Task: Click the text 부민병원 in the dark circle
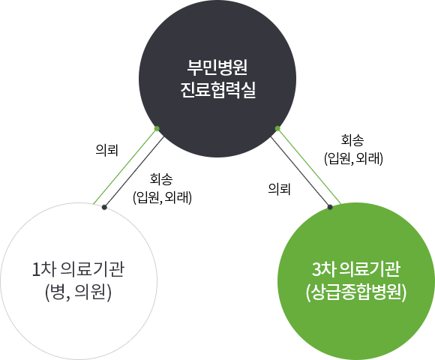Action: coord(217,67)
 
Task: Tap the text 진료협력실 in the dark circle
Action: coord(217,90)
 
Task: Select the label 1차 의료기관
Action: coord(79,269)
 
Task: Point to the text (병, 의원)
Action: coord(78,292)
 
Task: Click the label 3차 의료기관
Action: coord(356,269)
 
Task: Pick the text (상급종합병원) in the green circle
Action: coord(356,292)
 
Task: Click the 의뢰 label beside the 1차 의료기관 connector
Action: coord(106,150)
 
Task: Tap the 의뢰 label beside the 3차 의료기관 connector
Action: coord(279,189)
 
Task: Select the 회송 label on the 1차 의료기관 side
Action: coord(161,179)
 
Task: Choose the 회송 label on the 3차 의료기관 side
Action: coord(352,140)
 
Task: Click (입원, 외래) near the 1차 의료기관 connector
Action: coord(162,198)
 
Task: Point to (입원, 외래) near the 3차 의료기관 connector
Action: coord(354,159)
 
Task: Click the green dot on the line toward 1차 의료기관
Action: coord(157,128)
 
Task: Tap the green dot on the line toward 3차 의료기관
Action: coord(277,128)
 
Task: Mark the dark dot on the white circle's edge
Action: coord(104,207)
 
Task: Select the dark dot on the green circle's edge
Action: coord(330,207)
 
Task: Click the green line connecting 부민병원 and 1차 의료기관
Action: coord(125,166)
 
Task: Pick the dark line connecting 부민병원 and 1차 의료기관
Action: coord(134,172)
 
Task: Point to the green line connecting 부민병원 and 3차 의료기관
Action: coord(309,166)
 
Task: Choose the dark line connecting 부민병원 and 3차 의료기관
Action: coord(301,172)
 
